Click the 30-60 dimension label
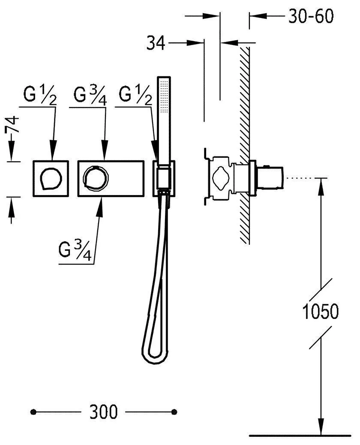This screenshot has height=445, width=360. (311, 16)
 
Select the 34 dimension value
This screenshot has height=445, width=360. (156, 43)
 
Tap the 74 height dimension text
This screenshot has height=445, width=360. (12, 124)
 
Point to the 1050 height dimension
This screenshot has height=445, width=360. (320, 311)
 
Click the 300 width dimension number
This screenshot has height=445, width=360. (103, 412)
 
